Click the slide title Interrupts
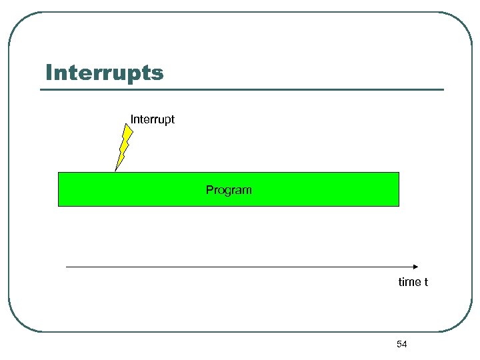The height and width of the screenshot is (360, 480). point(104,73)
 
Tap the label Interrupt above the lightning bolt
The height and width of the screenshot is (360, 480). point(153,119)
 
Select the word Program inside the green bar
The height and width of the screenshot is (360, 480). point(229,190)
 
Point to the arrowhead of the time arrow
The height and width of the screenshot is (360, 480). point(415,267)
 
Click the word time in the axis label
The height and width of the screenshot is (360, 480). point(409,282)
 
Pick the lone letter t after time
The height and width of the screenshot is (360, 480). point(426,282)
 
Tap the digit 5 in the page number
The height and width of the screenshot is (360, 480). point(399,344)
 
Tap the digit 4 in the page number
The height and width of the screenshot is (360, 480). point(404,344)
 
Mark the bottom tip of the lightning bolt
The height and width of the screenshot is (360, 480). point(116,171)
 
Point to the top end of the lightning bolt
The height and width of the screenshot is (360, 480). point(130,126)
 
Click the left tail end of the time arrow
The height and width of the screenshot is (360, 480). point(67,267)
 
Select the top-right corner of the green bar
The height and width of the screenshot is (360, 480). point(399,173)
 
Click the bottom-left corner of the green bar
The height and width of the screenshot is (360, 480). point(59,206)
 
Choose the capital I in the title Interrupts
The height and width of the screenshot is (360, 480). point(49,73)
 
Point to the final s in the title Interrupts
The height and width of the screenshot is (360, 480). point(158,73)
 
